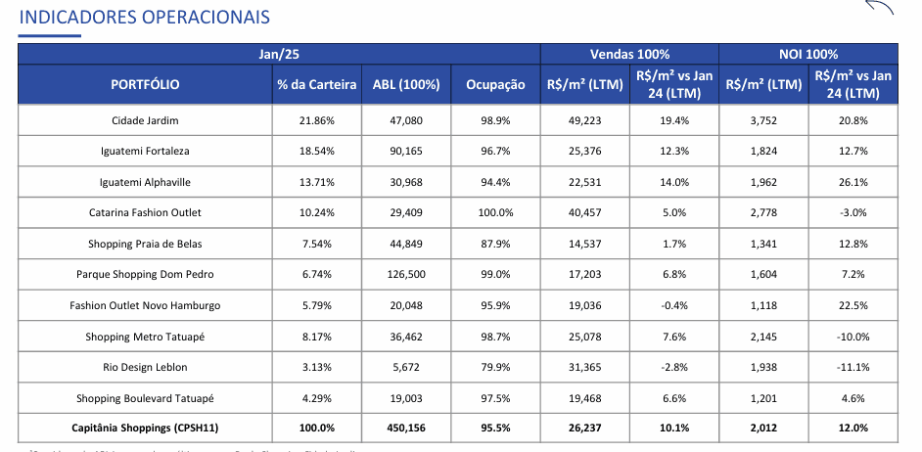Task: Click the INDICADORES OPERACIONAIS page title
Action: (x=145, y=18)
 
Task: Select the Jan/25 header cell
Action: (x=278, y=54)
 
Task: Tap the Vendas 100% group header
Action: (x=629, y=54)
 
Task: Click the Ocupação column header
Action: (x=496, y=84)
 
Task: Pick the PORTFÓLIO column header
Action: (x=145, y=84)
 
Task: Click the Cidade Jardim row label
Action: (x=145, y=120)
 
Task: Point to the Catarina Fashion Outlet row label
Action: (x=145, y=212)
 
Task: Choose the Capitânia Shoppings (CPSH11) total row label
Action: (x=145, y=428)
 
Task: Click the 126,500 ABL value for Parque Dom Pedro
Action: (x=406, y=274)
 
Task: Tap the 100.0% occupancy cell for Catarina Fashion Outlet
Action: (x=496, y=212)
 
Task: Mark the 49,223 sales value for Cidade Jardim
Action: (x=584, y=120)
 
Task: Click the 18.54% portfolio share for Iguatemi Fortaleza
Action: (x=317, y=151)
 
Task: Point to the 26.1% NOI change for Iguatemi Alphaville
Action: (x=853, y=182)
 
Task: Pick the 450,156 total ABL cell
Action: (x=406, y=428)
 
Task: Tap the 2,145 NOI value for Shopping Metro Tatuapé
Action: (x=763, y=337)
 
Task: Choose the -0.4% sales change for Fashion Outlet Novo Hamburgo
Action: (x=674, y=305)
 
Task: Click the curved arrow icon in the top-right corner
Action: (x=879, y=8)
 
